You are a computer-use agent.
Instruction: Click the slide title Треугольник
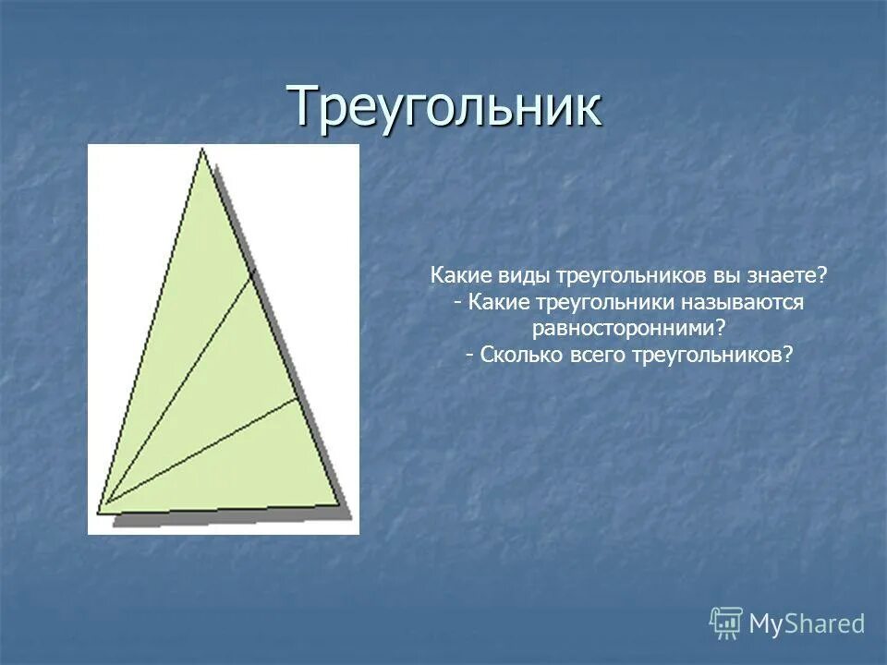(x=444, y=105)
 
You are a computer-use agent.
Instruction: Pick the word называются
(x=746, y=303)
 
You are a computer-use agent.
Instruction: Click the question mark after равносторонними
(x=720, y=329)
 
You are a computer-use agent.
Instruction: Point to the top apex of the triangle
(x=201, y=151)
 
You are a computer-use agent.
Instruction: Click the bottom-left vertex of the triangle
(x=101, y=511)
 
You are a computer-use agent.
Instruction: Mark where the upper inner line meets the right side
(x=251, y=278)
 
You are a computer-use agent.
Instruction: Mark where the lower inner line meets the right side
(x=298, y=399)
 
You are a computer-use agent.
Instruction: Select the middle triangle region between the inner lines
(x=231, y=369)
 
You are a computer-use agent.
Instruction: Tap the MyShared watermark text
(x=807, y=623)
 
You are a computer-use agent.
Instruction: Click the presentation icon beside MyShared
(x=726, y=623)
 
